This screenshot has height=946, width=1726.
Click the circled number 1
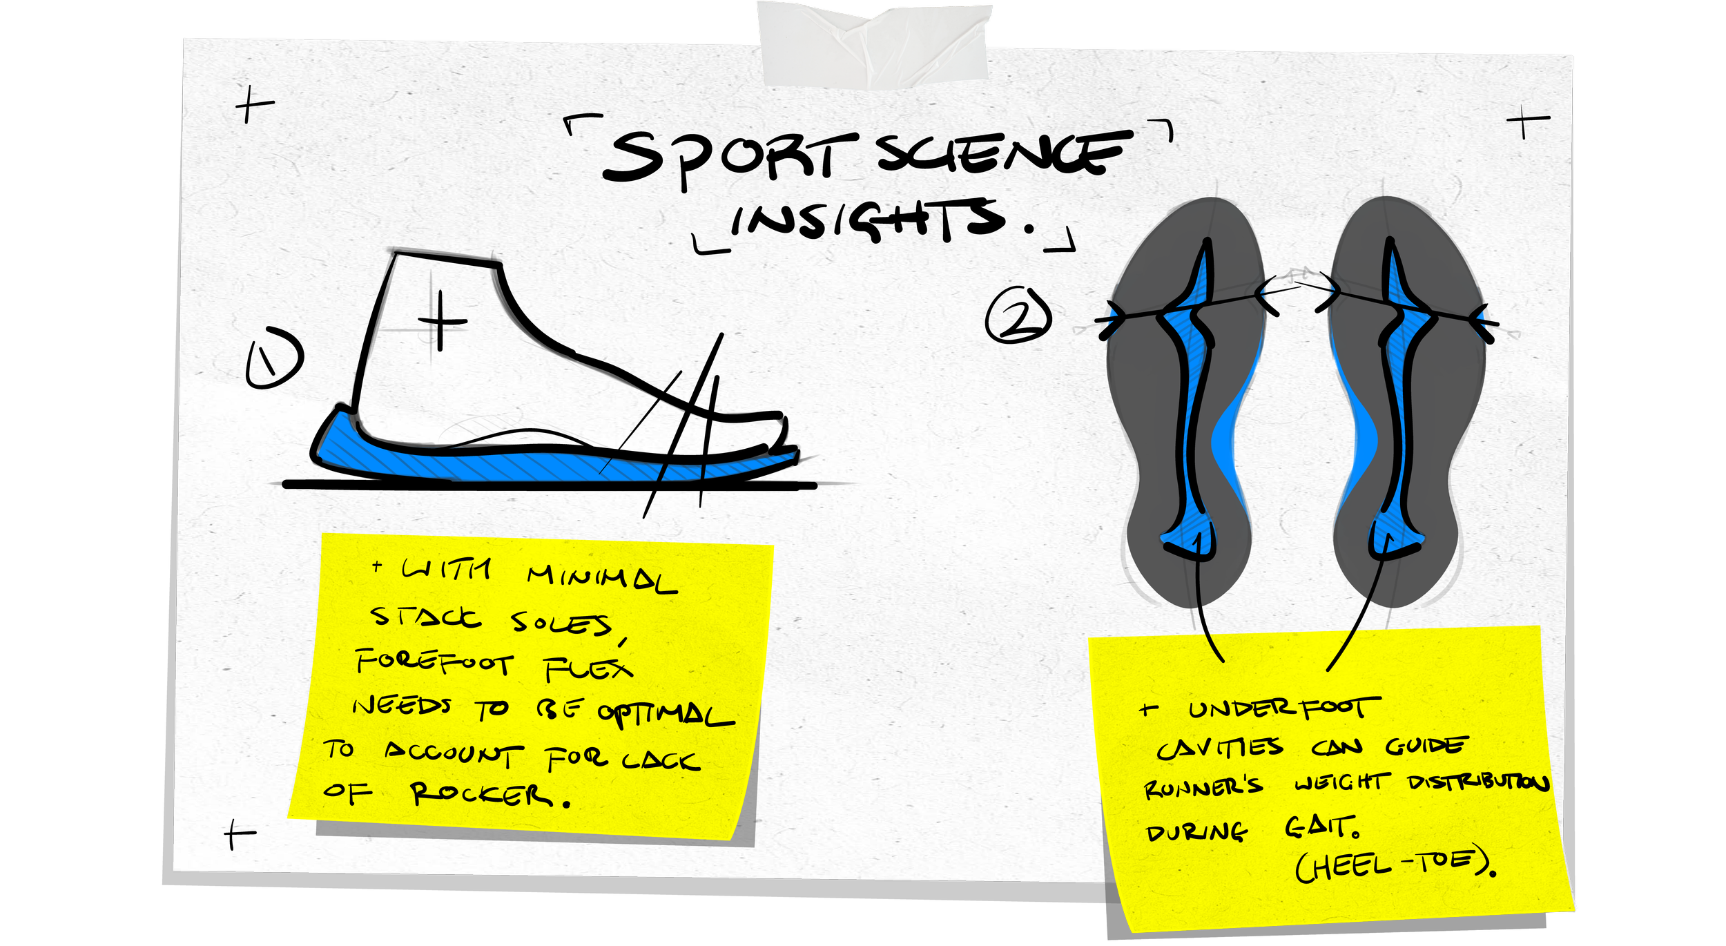pos(274,358)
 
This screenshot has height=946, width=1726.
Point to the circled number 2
pos(1018,316)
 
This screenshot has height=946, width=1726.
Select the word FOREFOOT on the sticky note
pos(435,663)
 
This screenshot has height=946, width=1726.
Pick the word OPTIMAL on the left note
pos(666,714)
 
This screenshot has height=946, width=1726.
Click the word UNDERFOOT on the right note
pos(1284,708)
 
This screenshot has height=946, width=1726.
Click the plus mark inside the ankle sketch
pos(441,321)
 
